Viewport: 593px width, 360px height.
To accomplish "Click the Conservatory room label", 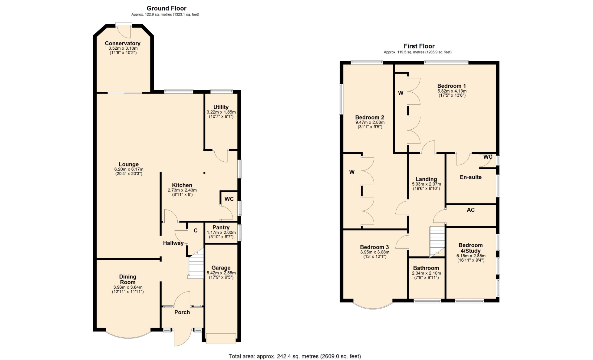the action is [x=123, y=43].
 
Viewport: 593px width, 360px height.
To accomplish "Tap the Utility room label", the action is [x=221, y=107].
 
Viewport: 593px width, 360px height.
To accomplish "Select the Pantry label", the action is [x=221, y=227].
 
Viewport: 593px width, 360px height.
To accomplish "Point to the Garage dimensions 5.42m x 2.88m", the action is [x=221, y=273].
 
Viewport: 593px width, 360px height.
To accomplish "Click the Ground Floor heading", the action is [x=166, y=8].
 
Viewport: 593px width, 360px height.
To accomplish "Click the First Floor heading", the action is [x=419, y=46].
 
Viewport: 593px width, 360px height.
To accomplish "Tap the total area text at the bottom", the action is [x=295, y=356].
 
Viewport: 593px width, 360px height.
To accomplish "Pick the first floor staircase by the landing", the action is [x=437, y=242].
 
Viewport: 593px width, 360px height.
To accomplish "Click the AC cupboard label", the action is [x=471, y=210].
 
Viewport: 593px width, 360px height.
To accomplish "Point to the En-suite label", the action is [x=471, y=177].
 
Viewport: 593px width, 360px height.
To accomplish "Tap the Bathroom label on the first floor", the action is [x=426, y=268].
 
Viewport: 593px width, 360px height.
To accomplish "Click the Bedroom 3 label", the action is [x=374, y=247].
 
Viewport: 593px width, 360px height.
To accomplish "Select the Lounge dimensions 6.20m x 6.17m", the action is [x=129, y=170].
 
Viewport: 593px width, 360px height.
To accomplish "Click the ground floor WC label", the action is [x=229, y=199].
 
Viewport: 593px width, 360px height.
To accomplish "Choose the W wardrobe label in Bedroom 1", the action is [x=401, y=93].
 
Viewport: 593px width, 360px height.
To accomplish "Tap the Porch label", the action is [x=182, y=312].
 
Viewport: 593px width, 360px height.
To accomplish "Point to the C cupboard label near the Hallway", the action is [x=196, y=230].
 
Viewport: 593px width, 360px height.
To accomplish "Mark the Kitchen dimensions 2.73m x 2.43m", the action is [x=182, y=190].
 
